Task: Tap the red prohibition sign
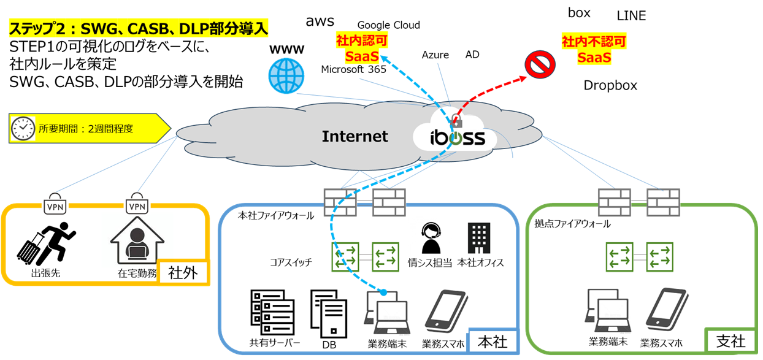(x=540, y=64)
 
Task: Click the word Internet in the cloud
(x=355, y=136)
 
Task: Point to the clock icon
(x=23, y=128)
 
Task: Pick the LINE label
(x=631, y=16)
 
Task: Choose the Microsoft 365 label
(x=353, y=69)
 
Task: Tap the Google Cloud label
(x=388, y=25)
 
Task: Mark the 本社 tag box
(x=493, y=341)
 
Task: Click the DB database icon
(x=329, y=314)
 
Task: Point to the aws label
(x=320, y=21)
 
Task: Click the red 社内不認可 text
(x=594, y=42)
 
